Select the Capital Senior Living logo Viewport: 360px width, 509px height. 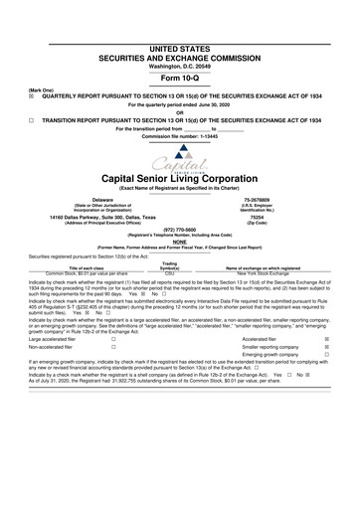(x=179, y=159)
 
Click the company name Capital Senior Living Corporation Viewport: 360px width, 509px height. (x=179, y=179)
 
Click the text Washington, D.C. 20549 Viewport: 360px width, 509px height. (x=179, y=37)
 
